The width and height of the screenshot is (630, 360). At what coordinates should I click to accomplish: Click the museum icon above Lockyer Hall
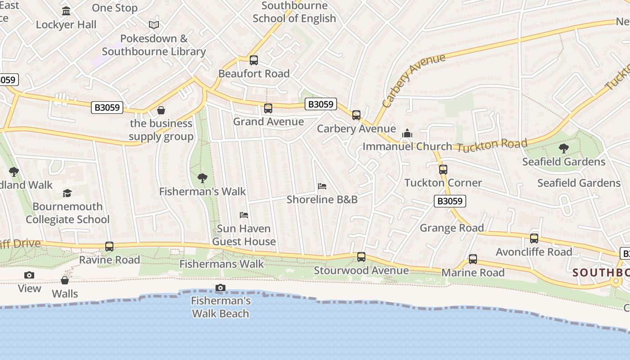pyautogui.click(x=66, y=11)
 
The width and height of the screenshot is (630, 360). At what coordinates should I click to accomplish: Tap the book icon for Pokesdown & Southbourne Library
pyautogui.click(x=154, y=25)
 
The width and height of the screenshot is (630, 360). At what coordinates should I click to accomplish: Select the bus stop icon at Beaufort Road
pyautogui.click(x=254, y=60)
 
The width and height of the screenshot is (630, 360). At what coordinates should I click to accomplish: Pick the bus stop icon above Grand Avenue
pyautogui.click(x=268, y=108)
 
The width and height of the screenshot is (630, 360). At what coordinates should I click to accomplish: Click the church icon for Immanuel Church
pyautogui.click(x=407, y=133)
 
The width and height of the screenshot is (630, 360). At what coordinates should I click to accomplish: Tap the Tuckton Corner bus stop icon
pyautogui.click(x=443, y=170)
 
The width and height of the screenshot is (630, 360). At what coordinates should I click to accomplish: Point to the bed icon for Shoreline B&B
pyautogui.click(x=322, y=186)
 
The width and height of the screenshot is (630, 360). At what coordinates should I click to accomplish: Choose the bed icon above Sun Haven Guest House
pyautogui.click(x=244, y=215)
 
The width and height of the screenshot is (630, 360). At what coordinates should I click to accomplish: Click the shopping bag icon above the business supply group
pyautogui.click(x=161, y=110)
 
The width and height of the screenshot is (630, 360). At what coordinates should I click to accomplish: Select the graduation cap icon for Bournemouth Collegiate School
pyautogui.click(x=67, y=193)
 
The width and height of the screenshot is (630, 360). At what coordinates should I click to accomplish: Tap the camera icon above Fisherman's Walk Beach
pyautogui.click(x=220, y=288)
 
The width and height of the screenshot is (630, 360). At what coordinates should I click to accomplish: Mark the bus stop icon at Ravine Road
pyautogui.click(x=109, y=247)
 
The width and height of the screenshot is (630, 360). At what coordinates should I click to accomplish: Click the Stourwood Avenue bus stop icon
pyautogui.click(x=361, y=257)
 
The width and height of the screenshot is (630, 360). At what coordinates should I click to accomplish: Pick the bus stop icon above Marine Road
pyautogui.click(x=473, y=259)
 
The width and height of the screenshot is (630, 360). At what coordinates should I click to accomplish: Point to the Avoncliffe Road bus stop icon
pyautogui.click(x=534, y=238)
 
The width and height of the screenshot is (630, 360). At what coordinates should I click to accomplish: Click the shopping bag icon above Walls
pyautogui.click(x=65, y=280)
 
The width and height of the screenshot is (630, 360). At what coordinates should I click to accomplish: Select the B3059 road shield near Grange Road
pyautogui.click(x=450, y=201)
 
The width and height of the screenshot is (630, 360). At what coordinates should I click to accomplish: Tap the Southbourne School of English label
pyautogui.click(x=294, y=12)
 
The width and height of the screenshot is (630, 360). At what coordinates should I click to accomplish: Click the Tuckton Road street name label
pyautogui.click(x=492, y=146)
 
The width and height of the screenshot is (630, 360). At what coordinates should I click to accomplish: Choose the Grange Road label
pyautogui.click(x=452, y=228)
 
